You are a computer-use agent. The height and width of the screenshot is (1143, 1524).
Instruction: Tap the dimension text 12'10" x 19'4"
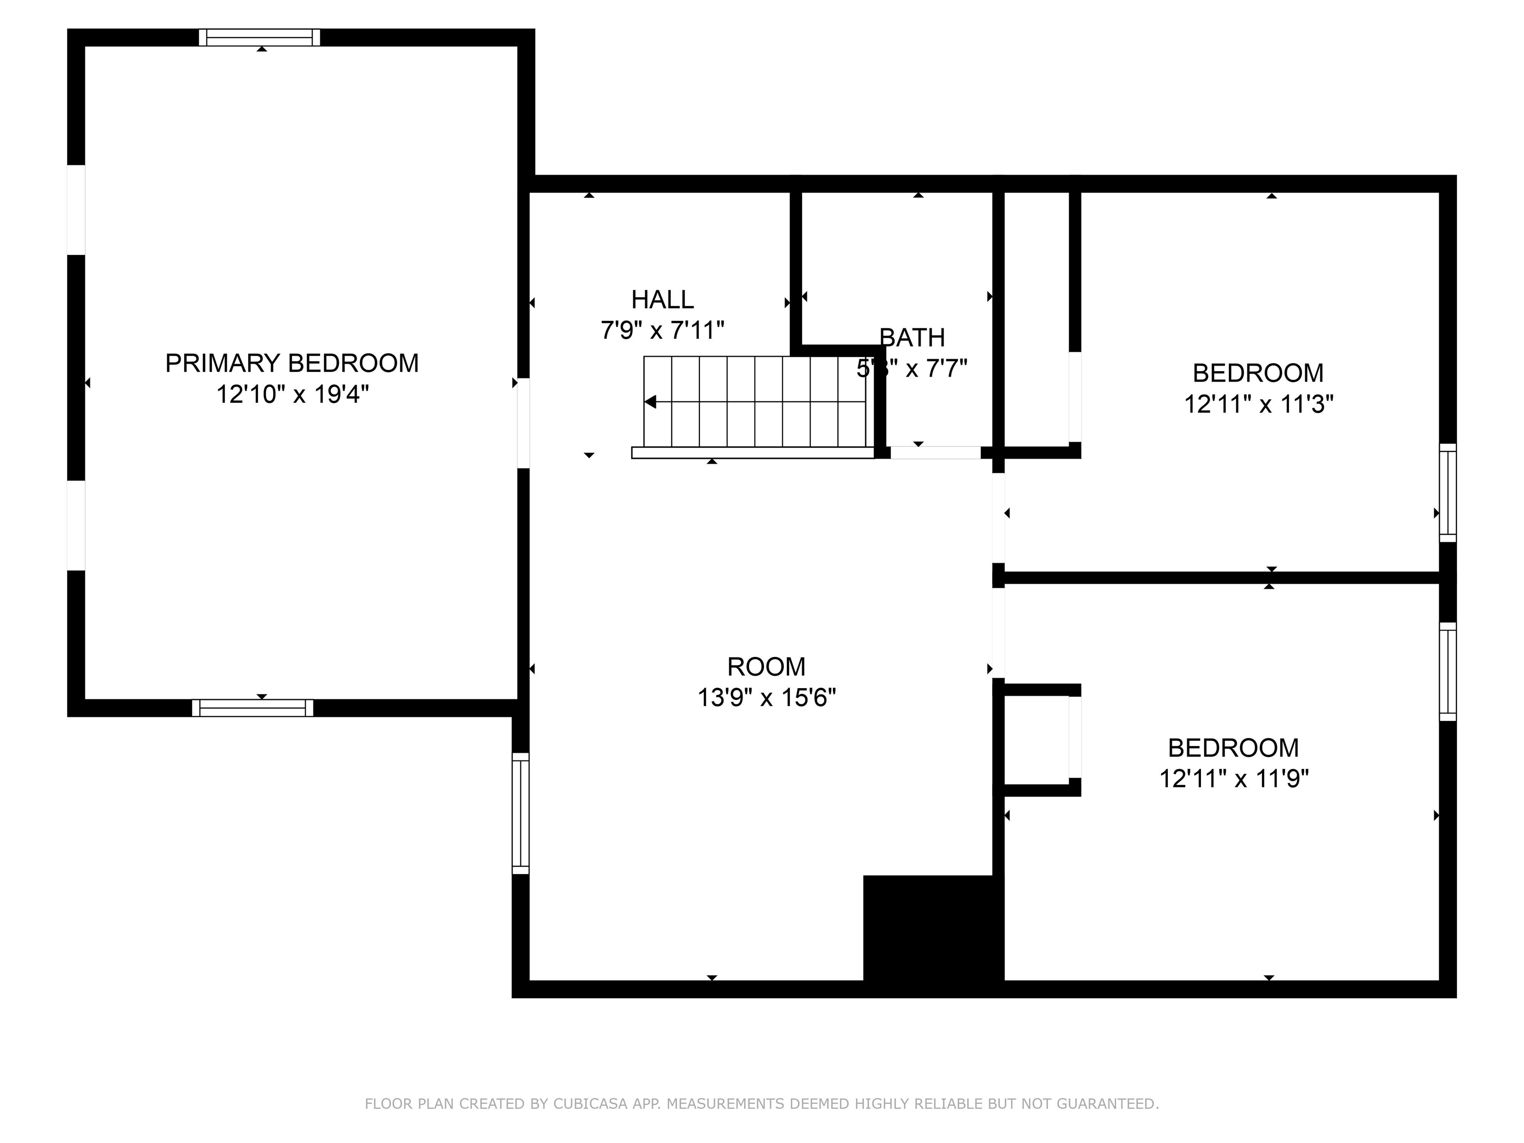pos(292,395)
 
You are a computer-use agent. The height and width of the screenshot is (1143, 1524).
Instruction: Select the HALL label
pos(662,300)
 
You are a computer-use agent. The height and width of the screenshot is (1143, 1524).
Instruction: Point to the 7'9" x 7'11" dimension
pos(662,331)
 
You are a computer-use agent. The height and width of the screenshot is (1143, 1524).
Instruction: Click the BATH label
pos(912,338)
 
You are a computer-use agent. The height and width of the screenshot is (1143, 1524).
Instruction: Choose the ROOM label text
pos(766,667)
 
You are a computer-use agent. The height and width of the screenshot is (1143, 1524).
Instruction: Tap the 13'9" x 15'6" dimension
pos(766,698)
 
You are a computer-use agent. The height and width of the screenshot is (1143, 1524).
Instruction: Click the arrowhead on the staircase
pos(650,402)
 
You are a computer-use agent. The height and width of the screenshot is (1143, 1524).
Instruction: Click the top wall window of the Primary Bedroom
pos(260,37)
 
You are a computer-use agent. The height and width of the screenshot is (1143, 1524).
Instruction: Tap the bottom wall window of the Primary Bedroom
pos(252,707)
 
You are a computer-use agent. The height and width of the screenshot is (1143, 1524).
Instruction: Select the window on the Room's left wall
pos(521,813)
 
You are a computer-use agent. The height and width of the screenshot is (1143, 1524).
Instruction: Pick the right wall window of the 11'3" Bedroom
pos(1448,493)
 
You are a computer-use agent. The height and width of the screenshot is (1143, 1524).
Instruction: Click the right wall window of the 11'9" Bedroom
pos(1448,672)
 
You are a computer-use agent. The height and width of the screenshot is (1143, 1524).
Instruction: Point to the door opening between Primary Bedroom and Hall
pos(523,423)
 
